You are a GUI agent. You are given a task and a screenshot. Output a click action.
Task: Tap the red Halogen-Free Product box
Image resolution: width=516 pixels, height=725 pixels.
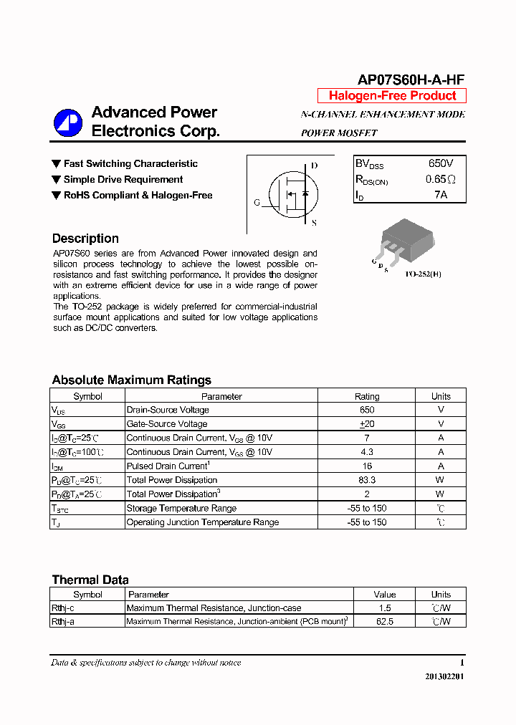392,96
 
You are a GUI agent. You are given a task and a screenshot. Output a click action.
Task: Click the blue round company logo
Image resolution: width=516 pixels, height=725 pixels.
68,123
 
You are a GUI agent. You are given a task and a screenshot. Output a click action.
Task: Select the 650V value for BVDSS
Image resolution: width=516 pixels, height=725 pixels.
440,164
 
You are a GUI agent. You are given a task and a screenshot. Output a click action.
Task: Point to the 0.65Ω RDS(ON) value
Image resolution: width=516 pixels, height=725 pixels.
440,180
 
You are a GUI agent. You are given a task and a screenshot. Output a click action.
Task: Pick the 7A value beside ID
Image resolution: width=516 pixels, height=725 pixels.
440,195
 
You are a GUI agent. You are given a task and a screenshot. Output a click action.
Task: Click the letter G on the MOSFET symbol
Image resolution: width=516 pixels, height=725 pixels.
257,203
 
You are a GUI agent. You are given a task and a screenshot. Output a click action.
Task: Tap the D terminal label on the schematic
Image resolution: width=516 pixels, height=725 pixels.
314,165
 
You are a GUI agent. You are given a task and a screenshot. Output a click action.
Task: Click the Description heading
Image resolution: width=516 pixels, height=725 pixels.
85,239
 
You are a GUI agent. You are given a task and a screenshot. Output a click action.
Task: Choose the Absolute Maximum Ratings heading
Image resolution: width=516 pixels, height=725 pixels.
131,380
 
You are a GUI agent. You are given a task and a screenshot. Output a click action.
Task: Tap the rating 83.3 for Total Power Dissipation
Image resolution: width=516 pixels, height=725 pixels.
367,480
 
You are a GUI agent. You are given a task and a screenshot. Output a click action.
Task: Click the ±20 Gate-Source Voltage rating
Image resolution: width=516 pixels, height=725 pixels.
367,424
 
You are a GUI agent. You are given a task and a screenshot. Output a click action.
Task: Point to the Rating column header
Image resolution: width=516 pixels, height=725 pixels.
367,396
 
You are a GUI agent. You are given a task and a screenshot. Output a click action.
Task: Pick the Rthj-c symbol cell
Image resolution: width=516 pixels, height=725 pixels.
63,608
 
